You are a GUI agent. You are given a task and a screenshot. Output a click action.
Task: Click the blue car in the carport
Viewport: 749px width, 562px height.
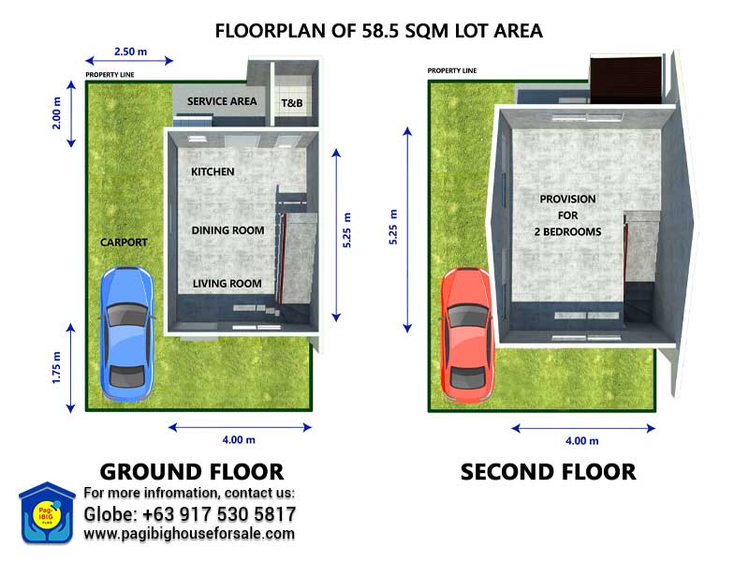point(127,333)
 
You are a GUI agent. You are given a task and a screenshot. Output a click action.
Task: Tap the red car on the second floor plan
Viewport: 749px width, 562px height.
point(467,334)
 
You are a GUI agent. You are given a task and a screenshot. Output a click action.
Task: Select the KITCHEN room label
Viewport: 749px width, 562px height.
point(213,171)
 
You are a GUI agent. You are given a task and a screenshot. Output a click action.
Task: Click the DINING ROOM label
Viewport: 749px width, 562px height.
point(228,230)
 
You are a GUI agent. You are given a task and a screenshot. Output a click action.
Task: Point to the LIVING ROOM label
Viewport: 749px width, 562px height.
point(228,284)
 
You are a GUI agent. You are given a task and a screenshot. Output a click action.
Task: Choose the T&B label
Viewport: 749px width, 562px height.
point(292,103)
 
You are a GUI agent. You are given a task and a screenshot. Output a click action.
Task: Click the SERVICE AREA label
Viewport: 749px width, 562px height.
point(222,101)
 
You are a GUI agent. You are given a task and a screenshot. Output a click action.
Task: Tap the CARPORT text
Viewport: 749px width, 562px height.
point(124,243)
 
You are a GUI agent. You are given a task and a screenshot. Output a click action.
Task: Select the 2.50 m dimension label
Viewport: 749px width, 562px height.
point(130,52)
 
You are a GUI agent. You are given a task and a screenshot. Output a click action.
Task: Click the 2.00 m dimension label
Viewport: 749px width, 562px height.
point(56,113)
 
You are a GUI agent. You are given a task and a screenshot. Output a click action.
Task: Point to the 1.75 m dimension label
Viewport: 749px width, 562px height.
point(56,367)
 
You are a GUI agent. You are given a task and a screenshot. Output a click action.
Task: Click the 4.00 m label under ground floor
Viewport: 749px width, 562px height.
point(239,439)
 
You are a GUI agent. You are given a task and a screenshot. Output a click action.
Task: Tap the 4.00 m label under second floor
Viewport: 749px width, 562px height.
point(581,440)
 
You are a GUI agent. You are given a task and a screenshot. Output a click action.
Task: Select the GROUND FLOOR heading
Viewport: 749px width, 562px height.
point(192,472)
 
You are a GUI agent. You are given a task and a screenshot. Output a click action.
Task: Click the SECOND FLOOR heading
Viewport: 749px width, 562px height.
point(549,472)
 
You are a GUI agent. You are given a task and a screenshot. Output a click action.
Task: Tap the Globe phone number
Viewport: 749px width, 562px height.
point(190,514)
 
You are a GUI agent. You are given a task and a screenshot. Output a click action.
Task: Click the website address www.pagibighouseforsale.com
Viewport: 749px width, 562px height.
point(189,534)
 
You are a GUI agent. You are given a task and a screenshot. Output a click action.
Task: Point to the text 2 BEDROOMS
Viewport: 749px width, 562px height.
point(568,231)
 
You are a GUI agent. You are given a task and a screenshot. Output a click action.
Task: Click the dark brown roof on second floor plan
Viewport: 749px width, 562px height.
point(625,81)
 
